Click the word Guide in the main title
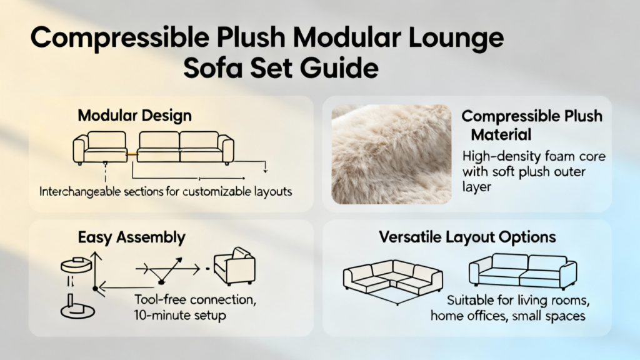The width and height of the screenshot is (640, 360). click(339, 69)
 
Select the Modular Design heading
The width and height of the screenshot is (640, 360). click(135, 116)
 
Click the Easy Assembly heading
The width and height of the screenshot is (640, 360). click(131, 237)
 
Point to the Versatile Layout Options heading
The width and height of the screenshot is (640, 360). click(467, 237)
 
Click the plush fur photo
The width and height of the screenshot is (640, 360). click(391, 154)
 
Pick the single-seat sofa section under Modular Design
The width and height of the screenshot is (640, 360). click(101, 147)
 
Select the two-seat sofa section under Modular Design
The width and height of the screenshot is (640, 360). click(185, 147)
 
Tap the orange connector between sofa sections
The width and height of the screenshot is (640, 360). click(132, 154)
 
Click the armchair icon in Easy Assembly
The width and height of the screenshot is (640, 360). click(235, 266)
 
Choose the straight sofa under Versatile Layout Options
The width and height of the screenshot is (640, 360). click(523, 271)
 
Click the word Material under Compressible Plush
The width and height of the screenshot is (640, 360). click(501, 135)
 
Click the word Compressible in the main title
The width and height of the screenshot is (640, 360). click(120, 39)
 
